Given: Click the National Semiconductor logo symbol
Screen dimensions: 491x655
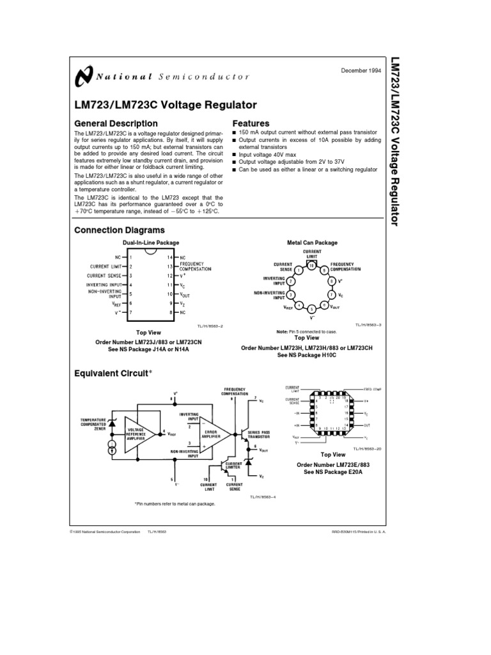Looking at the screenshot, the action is [84, 76].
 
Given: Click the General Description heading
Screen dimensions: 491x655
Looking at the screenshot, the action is [116, 123].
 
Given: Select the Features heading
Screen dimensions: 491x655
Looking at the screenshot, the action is [251, 123].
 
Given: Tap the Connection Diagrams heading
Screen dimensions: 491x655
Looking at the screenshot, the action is [120, 230].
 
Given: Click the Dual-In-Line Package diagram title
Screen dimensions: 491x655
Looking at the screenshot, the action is [151, 243].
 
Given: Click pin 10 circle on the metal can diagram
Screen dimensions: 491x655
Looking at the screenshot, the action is [311, 264].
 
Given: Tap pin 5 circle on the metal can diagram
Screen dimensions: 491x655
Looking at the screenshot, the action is [311, 309].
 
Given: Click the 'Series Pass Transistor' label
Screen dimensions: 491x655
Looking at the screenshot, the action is [259, 435].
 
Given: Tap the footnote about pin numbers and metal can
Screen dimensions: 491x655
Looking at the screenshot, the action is [175, 504].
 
